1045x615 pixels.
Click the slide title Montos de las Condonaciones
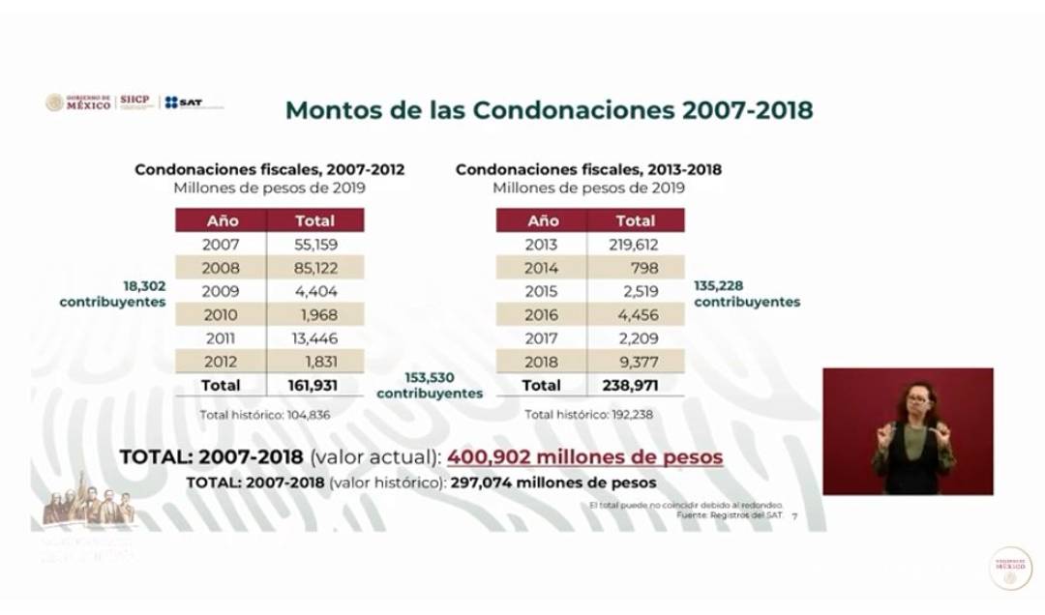(x=549, y=110)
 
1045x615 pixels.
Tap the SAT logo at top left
(x=184, y=102)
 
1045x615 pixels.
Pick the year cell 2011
(x=221, y=337)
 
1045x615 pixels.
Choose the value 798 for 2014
(x=643, y=268)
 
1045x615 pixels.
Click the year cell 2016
(x=541, y=314)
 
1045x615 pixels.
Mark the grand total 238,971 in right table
(x=635, y=385)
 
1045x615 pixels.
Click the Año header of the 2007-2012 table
(x=222, y=220)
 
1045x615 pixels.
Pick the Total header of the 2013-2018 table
(x=635, y=220)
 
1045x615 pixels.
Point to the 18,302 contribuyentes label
(x=113, y=294)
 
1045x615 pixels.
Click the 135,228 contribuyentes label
(x=746, y=294)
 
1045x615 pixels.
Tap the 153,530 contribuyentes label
(x=430, y=386)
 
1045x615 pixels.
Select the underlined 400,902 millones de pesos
(x=584, y=456)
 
